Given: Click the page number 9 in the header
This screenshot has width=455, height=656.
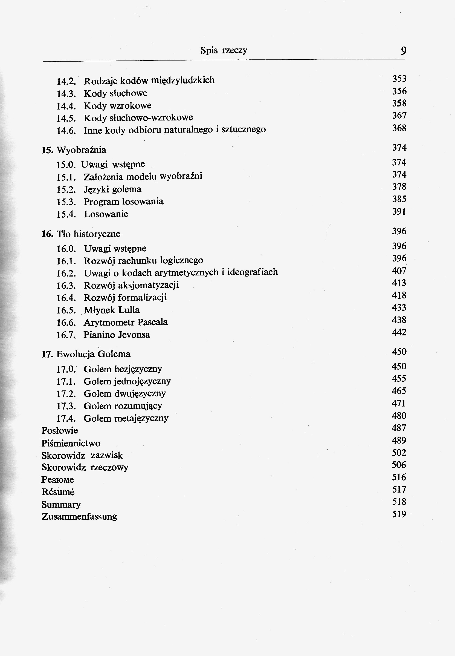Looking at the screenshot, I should [403, 51].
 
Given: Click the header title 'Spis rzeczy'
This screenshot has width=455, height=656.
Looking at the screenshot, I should [224, 50].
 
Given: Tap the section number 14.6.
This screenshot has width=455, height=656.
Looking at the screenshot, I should [66, 131].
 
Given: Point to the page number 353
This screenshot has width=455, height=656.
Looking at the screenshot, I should [399, 79].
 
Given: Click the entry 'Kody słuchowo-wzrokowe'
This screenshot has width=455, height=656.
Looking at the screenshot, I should [138, 118].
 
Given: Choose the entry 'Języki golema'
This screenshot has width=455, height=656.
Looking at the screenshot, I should [113, 189].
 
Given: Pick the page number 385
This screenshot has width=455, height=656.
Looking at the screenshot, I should [399, 199].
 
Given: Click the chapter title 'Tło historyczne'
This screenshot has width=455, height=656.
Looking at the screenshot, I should [88, 234].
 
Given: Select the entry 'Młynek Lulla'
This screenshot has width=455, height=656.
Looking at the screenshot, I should [112, 310].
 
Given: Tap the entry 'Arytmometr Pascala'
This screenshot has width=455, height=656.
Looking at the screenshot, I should [126, 322].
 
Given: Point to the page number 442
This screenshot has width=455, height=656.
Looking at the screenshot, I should [399, 332].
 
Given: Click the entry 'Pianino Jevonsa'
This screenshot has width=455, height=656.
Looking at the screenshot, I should [117, 335].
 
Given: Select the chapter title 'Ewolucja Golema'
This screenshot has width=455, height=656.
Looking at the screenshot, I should [94, 354].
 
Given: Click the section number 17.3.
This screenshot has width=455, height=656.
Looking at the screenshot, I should [66, 406].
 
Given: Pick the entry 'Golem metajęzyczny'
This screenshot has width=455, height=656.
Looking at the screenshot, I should [126, 418].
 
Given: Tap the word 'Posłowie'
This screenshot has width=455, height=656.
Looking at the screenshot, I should [60, 430].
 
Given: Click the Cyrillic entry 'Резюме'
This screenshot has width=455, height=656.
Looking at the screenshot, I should [57, 480].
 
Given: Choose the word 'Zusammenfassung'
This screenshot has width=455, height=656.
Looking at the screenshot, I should [79, 517].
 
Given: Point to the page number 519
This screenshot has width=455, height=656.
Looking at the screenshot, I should [399, 514].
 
